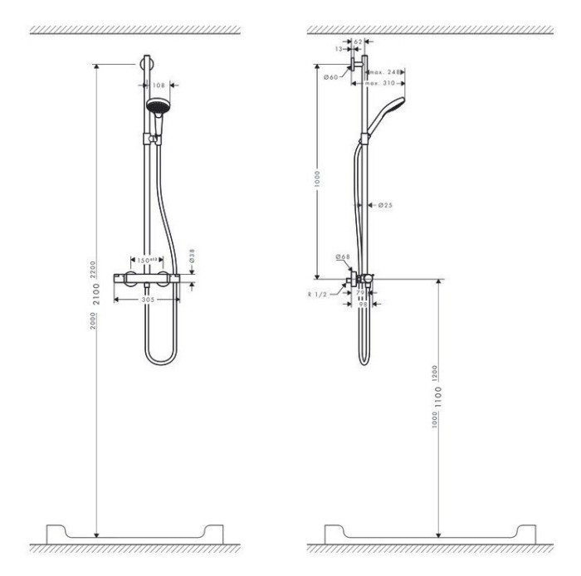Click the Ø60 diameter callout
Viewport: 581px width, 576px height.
[x=330, y=77]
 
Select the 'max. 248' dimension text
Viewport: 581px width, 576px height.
[x=385, y=73]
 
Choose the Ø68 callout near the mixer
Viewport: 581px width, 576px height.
[x=341, y=257]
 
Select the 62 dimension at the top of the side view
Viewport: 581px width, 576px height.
[x=358, y=41]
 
